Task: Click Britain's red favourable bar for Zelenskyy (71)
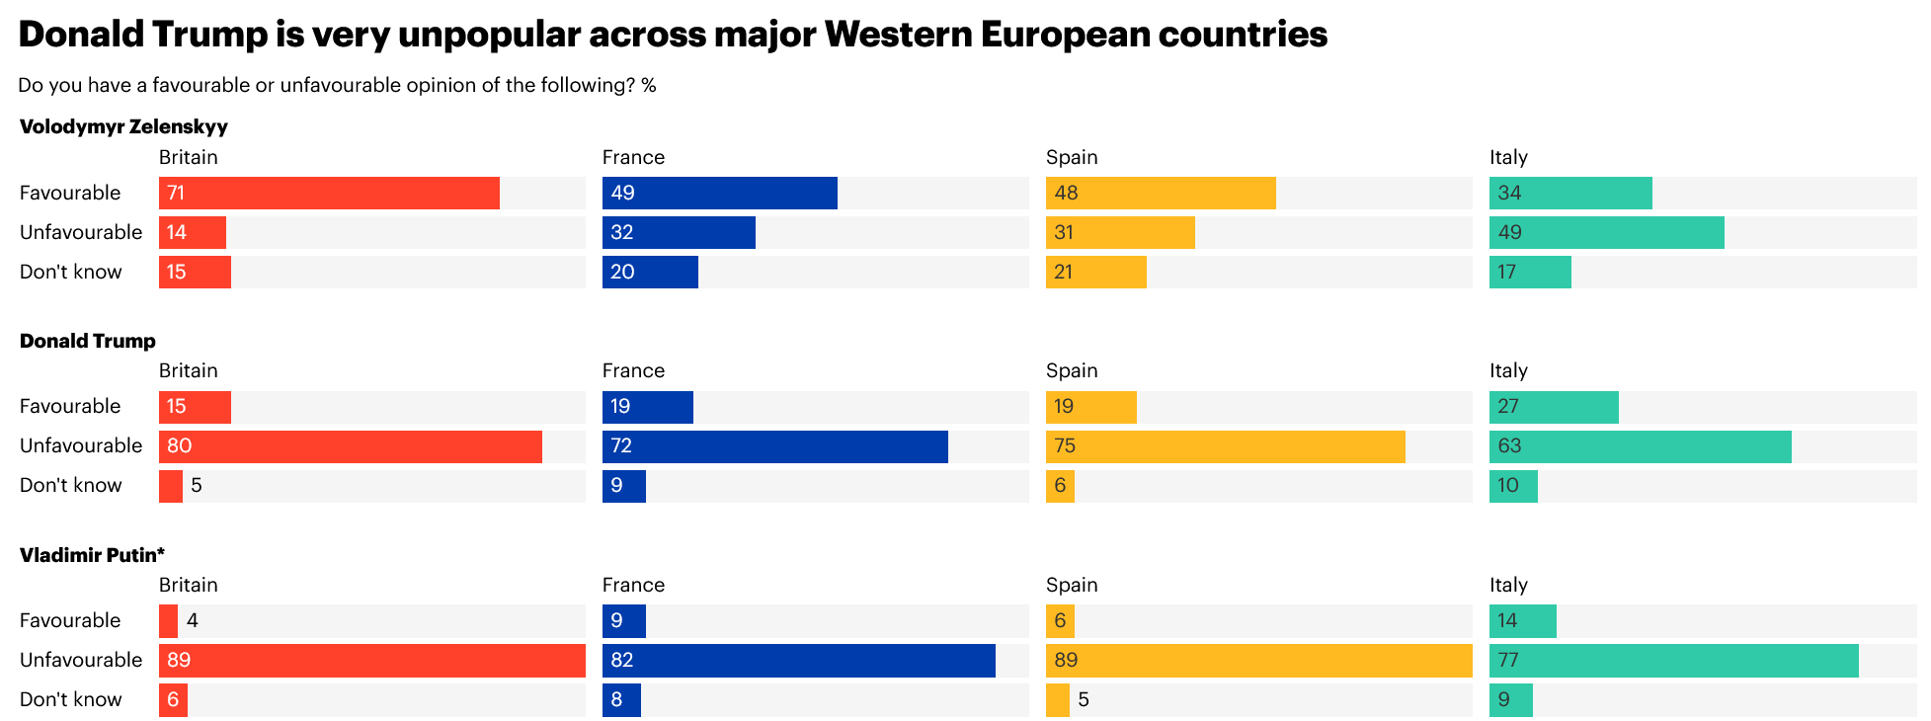(x=329, y=193)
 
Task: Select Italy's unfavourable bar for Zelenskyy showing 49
(x=1606, y=232)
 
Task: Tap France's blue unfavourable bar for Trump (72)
(x=774, y=446)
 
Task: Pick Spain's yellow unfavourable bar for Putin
(x=1258, y=661)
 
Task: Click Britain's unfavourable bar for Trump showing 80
(x=350, y=446)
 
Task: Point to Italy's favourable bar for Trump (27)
(x=1554, y=407)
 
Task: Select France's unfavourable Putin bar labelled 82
(x=798, y=661)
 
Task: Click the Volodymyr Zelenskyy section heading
(x=123, y=126)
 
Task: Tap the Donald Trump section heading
(x=88, y=341)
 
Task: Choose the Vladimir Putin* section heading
(x=92, y=555)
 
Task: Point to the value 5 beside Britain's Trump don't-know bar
(x=197, y=486)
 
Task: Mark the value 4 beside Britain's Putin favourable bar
(x=193, y=620)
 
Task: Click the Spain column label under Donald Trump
(x=1072, y=370)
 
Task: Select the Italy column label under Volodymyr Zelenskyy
(x=1508, y=157)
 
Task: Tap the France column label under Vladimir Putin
(x=633, y=585)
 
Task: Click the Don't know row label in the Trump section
(x=71, y=486)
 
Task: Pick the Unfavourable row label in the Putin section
(x=81, y=660)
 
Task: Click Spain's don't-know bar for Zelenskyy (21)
(x=1095, y=272)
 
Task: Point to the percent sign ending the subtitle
(x=649, y=85)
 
